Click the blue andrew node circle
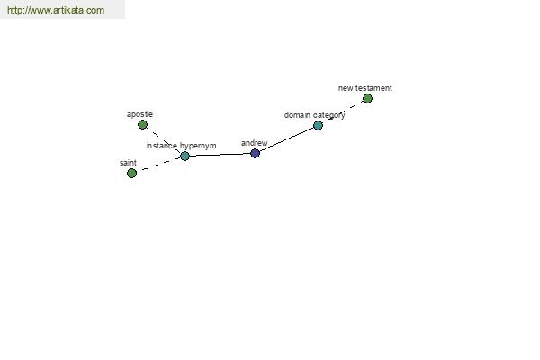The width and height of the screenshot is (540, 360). coord(255,154)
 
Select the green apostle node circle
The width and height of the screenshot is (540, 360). coord(142,125)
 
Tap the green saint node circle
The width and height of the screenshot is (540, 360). coord(132,174)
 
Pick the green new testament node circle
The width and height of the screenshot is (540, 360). coord(367,99)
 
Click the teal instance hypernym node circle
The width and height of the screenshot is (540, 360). coord(184,156)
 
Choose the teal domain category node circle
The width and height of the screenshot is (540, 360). coord(319,125)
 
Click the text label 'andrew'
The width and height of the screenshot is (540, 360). coord(254,143)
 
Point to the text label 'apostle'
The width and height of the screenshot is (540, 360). coord(139,114)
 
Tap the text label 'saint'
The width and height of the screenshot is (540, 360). coord(128,163)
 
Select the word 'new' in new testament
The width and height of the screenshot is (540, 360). coord(346,88)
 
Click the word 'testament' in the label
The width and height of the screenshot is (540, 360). coord(373,88)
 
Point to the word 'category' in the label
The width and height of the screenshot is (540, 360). coord(328,115)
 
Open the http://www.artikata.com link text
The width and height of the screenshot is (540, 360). coord(56,10)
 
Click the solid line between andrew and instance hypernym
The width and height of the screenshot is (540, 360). coord(220,155)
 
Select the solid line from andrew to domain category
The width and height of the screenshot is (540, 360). coord(286,139)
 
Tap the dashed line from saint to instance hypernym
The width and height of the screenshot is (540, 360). coord(161,165)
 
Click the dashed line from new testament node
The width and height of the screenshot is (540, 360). coord(346,110)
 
